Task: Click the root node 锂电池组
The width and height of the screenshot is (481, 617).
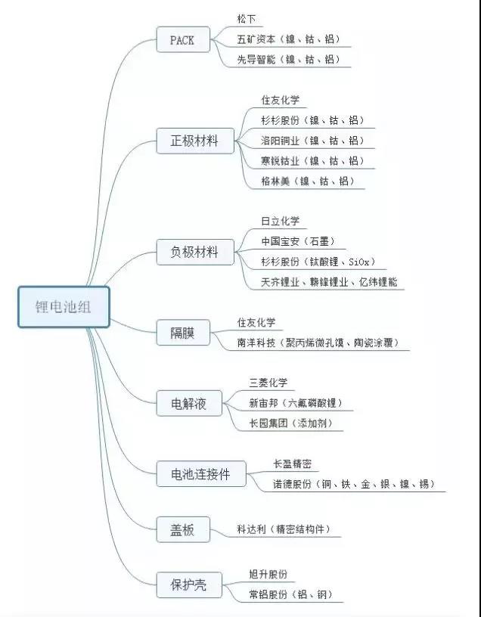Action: point(64,307)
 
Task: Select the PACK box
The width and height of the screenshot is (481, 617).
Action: point(183,39)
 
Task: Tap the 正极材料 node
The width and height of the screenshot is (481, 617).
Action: point(195,141)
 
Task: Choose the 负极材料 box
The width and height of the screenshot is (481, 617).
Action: point(195,252)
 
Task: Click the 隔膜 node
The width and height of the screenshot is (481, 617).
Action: point(183,333)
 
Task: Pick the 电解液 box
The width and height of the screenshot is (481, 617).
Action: point(189,403)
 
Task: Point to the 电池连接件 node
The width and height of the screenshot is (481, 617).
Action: point(201,474)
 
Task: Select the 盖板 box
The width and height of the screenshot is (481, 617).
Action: point(183,529)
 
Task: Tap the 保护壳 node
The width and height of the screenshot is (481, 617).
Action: point(189,585)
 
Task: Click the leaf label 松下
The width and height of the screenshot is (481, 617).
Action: point(247,18)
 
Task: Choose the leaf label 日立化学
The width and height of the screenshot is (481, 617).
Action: point(281,221)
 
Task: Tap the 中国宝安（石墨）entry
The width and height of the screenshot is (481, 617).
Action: point(298,241)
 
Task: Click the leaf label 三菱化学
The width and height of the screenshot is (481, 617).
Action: point(268,383)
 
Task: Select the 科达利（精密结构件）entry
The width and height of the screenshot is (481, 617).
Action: point(284,529)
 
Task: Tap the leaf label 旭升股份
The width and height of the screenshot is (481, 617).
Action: point(268,574)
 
